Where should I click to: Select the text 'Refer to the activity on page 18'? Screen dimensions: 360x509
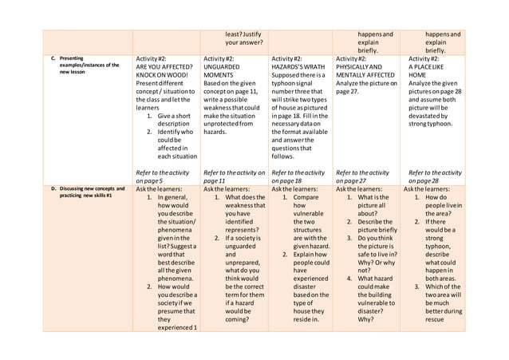coord(299,176)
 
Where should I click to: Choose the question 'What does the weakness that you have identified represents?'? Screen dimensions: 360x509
coord(239,220)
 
